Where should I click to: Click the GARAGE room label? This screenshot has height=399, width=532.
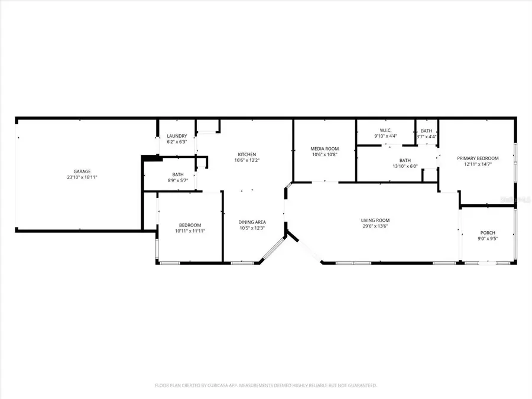[x=82, y=171]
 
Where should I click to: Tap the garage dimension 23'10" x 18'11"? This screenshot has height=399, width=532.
[x=82, y=177]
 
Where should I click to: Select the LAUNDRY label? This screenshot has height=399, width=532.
[x=177, y=137]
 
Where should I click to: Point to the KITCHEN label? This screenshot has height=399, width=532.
[x=247, y=155]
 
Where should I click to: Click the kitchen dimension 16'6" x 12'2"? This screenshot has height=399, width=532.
[x=247, y=160]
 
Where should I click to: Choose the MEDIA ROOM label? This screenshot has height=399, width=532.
[x=325, y=149]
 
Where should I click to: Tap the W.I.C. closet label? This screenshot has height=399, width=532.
[x=385, y=131]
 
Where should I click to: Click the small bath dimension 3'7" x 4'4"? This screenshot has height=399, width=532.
[x=426, y=137]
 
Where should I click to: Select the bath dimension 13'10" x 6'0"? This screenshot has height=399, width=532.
[x=405, y=166]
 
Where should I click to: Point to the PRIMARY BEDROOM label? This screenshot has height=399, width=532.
[x=478, y=158]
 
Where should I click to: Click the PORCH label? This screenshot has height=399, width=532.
[x=488, y=233]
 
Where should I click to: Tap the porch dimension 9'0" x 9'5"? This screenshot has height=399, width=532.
[x=488, y=238]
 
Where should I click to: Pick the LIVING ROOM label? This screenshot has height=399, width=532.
[x=375, y=220]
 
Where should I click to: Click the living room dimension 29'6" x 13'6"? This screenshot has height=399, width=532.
[x=375, y=226]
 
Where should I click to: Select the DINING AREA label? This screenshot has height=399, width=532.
[x=252, y=222]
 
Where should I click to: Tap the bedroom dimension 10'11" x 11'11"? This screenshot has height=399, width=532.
[x=190, y=231]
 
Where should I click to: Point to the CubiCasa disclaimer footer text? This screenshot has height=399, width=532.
[x=265, y=385]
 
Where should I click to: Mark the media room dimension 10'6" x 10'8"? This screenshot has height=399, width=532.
[x=325, y=154]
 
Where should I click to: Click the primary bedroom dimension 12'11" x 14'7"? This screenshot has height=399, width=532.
[x=478, y=164]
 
